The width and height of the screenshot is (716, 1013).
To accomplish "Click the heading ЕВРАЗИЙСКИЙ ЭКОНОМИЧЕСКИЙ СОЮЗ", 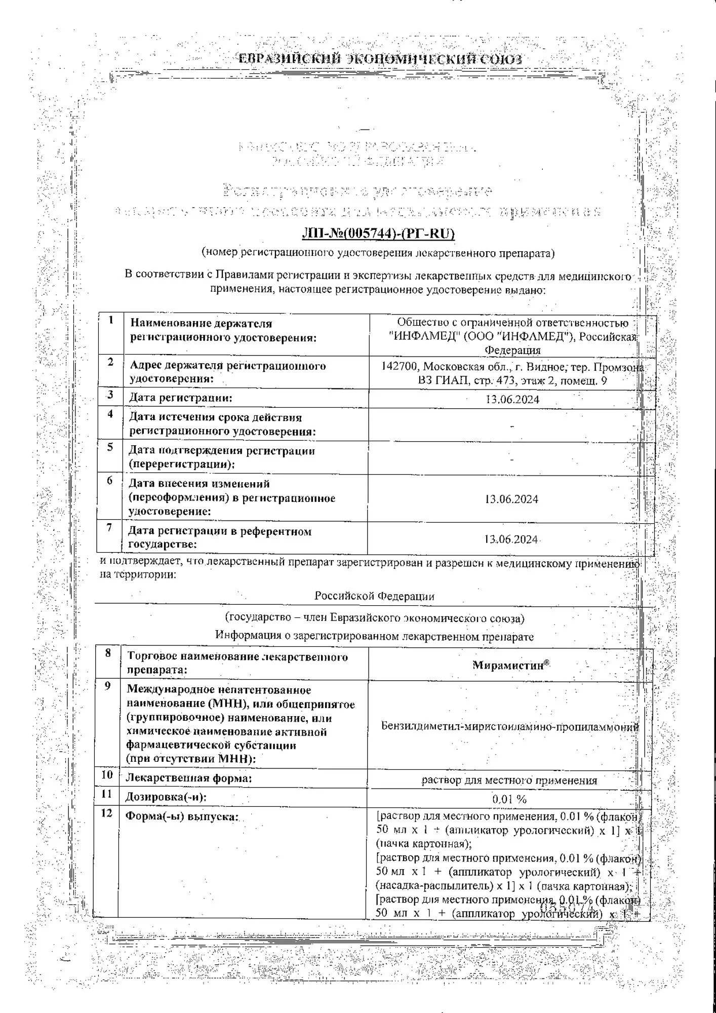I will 380,59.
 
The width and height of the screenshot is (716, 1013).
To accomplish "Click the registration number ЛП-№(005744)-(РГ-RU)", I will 378,233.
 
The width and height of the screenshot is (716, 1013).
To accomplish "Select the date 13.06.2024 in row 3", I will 512,399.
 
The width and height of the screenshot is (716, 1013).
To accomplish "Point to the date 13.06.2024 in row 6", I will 511,499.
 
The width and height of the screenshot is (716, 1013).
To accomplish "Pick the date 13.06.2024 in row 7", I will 511,539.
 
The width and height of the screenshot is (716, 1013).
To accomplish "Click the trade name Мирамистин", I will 508,665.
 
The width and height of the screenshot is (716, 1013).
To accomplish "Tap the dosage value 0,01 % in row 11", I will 509,799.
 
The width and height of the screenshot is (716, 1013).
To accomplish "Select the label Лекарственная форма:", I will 188,778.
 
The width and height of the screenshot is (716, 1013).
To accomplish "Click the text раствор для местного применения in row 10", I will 509,781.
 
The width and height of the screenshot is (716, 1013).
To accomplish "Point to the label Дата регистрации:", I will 180,398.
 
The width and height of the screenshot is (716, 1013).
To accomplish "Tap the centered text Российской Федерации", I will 374,596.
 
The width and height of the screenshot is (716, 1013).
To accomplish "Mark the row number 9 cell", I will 108,687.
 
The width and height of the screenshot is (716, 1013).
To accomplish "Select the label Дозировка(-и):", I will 166,797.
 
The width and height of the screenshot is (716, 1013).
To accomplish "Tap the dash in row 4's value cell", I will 512,426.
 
